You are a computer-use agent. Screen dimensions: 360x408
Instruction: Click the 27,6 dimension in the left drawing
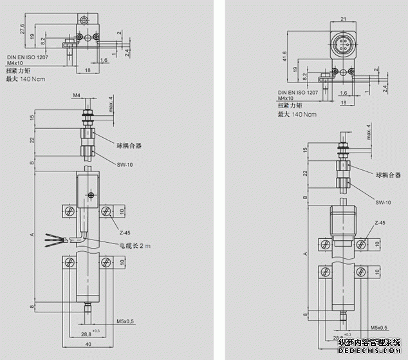tap(23, 30)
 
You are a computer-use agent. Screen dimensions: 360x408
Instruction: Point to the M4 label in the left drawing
tap(76, 95)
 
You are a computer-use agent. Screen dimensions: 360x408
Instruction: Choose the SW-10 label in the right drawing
tap(383, 203)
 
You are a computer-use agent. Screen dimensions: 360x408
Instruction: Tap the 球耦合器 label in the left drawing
tap(129, 146)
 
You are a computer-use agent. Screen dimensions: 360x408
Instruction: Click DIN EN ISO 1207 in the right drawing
tap(297, 92)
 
